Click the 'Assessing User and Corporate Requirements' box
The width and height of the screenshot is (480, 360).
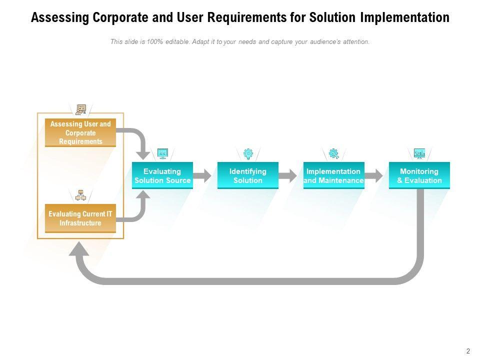point(80,132)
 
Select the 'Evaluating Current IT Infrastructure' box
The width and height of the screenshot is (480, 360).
point(80,218)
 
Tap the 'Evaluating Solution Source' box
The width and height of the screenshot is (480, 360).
point(162,175)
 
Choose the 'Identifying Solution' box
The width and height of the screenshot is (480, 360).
point(248,175)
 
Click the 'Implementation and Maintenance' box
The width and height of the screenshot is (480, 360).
point(333,175)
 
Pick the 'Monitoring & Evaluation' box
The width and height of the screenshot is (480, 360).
point(419,175)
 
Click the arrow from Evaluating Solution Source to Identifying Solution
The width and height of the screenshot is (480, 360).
point(202,175)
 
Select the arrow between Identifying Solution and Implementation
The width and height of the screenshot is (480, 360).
point(288,175)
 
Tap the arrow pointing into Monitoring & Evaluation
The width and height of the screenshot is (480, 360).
point(373,175)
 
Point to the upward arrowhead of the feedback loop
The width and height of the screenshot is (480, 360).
point(79,248)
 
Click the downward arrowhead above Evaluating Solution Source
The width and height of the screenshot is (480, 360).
point(143,155)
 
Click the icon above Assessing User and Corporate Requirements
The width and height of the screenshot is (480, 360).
point(81,109)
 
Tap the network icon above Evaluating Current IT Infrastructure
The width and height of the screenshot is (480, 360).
point(81,195)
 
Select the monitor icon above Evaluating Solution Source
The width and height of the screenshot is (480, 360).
point(162,153)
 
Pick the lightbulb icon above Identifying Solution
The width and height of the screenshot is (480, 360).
point(248,153)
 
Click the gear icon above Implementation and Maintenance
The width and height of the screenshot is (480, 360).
point(333,153)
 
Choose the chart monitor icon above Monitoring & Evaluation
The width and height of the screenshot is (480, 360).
point(419,153)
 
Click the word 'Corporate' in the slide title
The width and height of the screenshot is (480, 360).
point(120,17)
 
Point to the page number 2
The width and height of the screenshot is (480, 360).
point(468,351)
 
